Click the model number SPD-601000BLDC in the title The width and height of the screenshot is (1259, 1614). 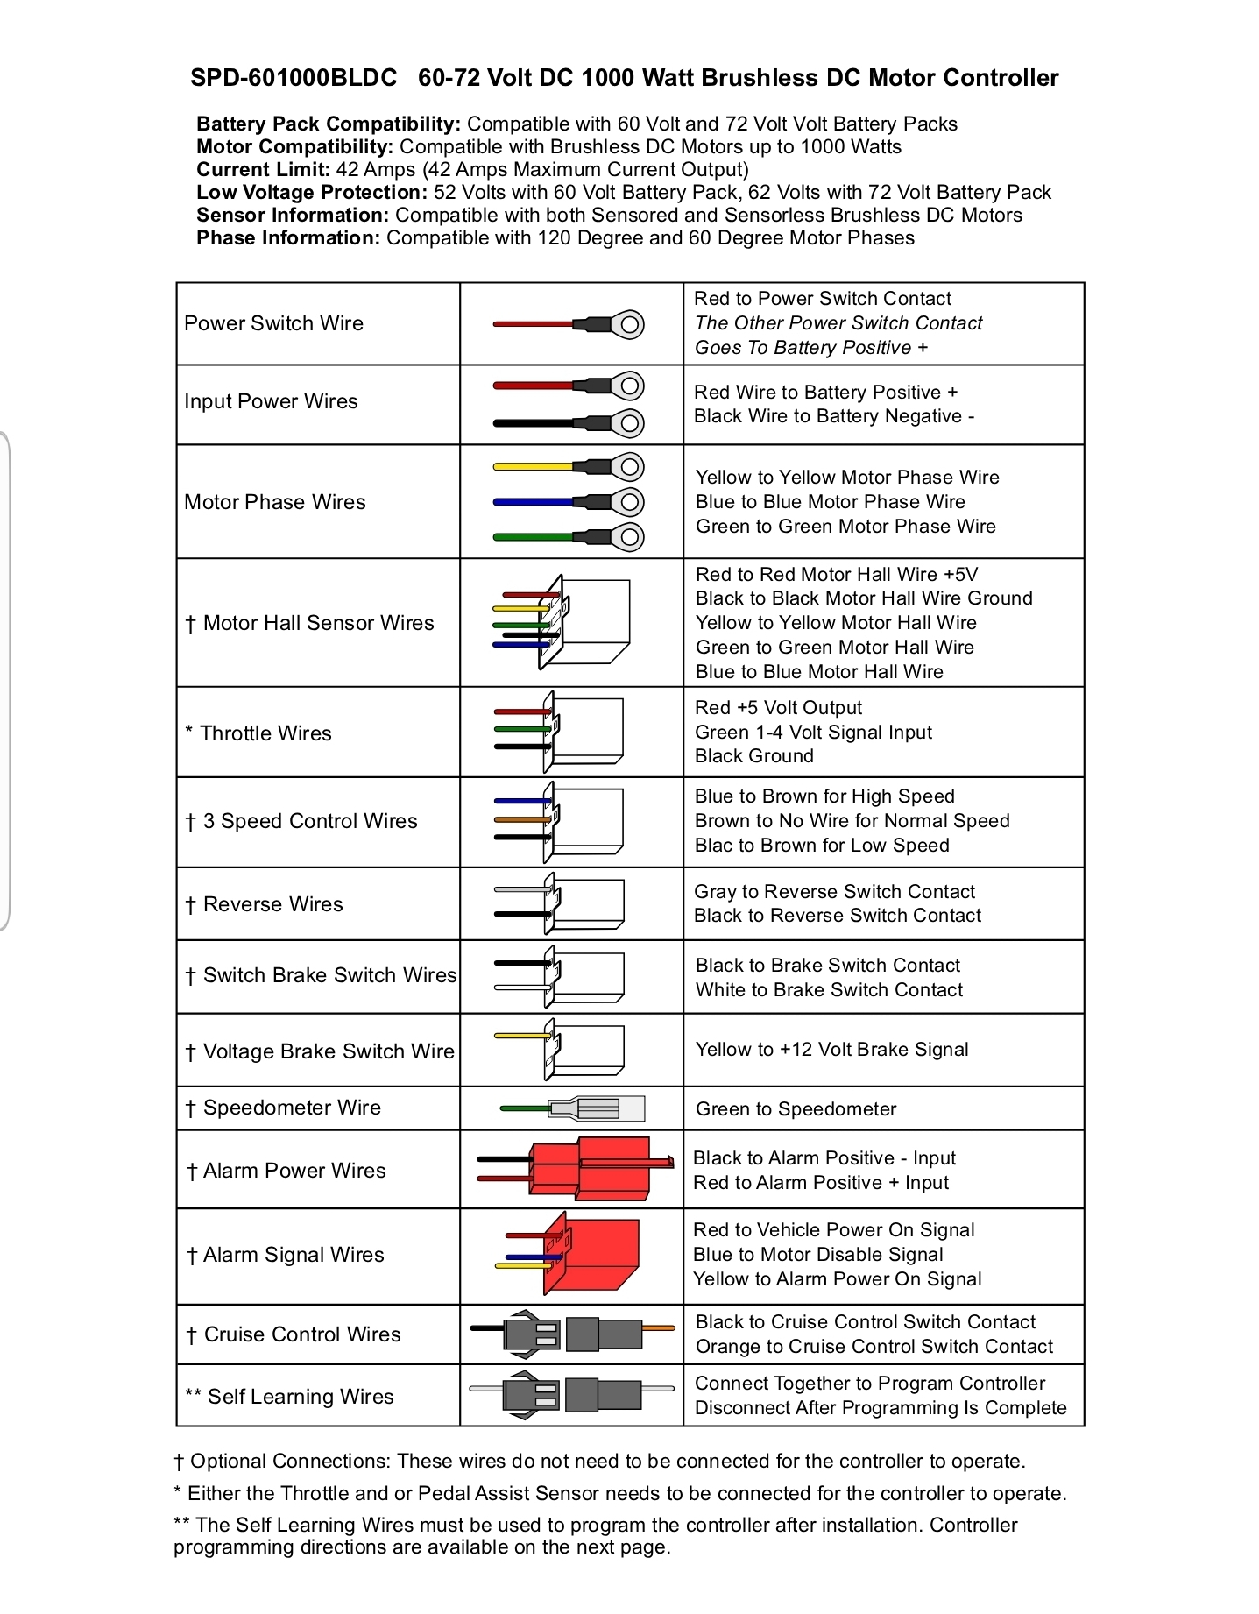pos(294,78)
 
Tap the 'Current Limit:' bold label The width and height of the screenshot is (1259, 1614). pos(263,170)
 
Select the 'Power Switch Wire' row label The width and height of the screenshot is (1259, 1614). pos(273,323)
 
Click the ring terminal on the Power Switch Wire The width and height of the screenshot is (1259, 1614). pos(629,325)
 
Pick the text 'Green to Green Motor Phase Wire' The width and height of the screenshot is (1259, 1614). pos(845,527)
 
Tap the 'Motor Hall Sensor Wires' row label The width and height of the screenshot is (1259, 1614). pos(318,623)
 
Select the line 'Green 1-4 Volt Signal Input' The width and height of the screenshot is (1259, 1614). pos(813,733)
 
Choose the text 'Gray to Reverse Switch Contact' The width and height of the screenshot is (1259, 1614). pos(834,892)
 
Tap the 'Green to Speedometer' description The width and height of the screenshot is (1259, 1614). pos(796,1109)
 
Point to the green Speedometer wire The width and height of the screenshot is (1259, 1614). pos(524,1108)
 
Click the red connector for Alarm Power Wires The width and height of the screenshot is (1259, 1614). pos(605,1168)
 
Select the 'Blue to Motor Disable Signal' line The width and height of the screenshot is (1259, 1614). pos(817,1255)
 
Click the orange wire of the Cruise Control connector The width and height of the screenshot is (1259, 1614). pos(658,1328)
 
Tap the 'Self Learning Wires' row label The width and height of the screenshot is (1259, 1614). pos(301,1397)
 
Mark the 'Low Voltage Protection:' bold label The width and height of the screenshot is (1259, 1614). pos(312,193)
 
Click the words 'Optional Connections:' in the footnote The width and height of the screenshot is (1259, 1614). pos(291,1462)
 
